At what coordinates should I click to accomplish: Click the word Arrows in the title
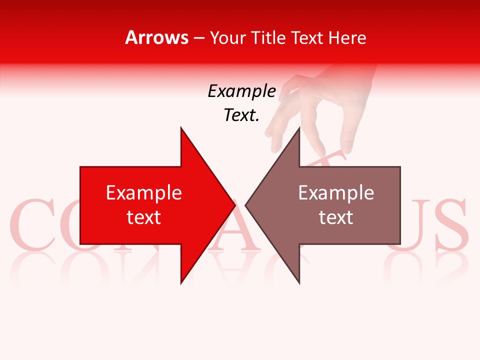(x=156, y=37)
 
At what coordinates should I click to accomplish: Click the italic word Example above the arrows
(x=241, y=91)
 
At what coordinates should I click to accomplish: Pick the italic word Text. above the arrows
(x=241, y=115)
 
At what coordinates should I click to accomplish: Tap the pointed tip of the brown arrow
(x=246, y=205)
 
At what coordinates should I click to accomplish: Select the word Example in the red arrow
(x=143, y=193)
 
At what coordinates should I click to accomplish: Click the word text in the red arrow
(x=143, y=217)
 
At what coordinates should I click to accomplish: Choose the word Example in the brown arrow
(x=336, y=193)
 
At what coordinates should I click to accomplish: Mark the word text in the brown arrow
(x=336, y=217)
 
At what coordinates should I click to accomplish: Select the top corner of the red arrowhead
(x=181, y=128)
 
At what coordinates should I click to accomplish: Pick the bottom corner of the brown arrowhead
(x=299, y=283)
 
